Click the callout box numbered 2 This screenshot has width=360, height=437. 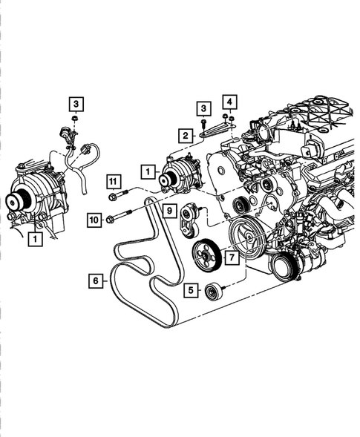182,135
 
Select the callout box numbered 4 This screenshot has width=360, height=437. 230,101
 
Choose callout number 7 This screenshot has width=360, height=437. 232,257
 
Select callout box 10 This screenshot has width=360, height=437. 94,219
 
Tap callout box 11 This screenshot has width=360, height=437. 112,181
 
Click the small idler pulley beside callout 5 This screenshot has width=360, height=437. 213,290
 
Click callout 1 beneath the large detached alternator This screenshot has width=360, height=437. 33,239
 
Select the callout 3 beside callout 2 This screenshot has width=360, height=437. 203,109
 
